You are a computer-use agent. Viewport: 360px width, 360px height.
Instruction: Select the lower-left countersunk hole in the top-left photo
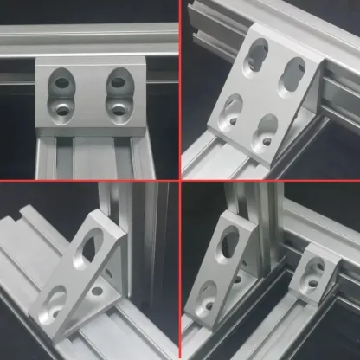coord(61,110)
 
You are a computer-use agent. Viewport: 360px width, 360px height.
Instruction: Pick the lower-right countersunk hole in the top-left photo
coord(119,109)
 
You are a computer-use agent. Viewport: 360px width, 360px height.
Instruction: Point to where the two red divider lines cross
coord(179,180)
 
